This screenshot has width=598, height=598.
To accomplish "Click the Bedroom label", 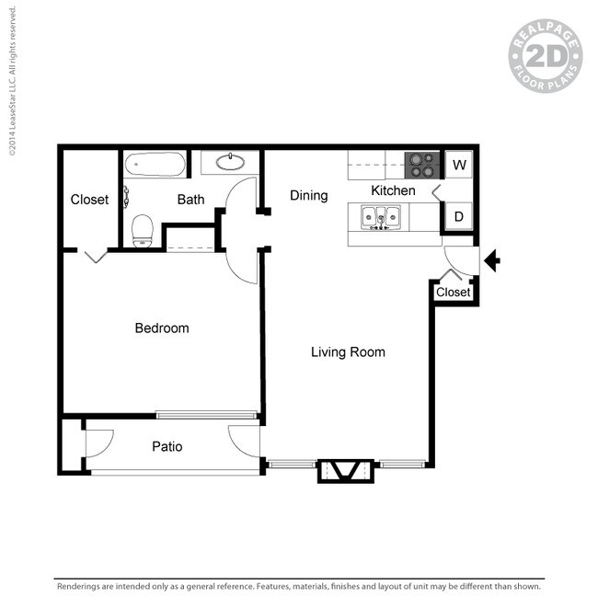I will tap(162, 328).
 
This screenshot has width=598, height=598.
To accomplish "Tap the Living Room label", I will tap(348, 351).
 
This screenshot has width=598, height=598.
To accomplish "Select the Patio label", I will tap(167, 447).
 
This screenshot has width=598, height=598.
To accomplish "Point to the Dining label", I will tap(308, 195).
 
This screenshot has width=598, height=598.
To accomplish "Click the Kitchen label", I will tap(393, 190).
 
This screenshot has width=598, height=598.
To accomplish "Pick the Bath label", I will tap(190, 199).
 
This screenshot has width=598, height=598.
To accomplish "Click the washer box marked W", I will tap(459, 166).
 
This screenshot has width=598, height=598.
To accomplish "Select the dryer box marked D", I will tap(459, 216).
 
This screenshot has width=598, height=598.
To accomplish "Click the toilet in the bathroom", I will tap(142, 229).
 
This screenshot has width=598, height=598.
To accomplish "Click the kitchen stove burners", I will tap(423, 165).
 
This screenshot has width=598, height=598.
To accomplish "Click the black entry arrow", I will tap(492, 261).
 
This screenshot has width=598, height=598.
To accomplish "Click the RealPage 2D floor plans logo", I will tap(546, 57).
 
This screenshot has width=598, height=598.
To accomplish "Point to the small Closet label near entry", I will tap(453, 293).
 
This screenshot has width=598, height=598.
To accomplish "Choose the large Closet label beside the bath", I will tap(89, 200).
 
